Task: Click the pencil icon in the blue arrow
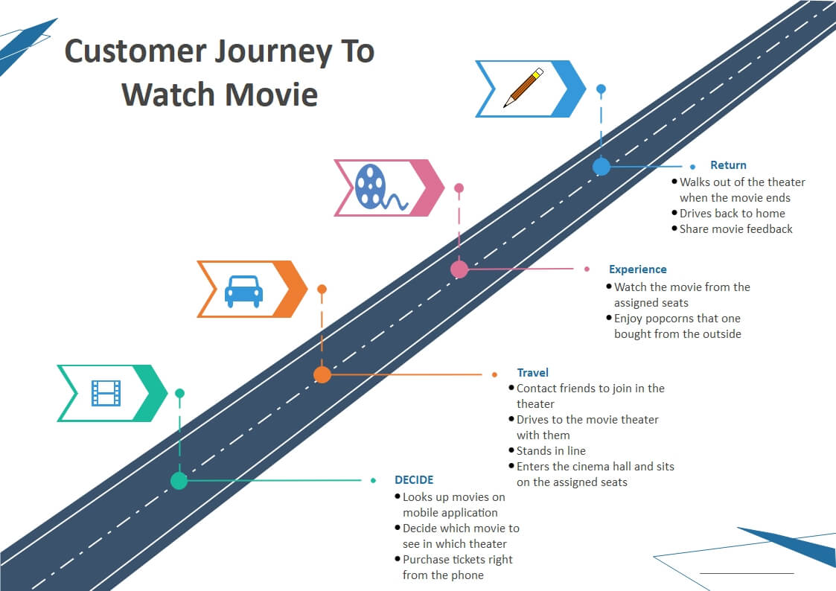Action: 523,87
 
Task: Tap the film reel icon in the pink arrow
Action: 380,187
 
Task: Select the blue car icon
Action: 243,291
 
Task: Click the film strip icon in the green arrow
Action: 106,393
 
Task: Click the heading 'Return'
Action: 728,165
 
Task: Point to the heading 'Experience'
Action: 638,269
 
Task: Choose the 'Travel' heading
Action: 532,372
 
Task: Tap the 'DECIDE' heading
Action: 414,479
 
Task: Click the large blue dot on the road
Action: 602,166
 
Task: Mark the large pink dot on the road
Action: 459,269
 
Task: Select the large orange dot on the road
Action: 322,374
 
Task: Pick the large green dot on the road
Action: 179,480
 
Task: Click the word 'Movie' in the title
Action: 272,95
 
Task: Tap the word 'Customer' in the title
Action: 135,51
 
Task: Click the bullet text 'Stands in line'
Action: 551,451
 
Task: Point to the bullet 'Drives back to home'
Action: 732,213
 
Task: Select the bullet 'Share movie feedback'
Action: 736,229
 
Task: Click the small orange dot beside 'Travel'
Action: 495,374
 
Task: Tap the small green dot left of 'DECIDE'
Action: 373,480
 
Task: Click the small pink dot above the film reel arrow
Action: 459,188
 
